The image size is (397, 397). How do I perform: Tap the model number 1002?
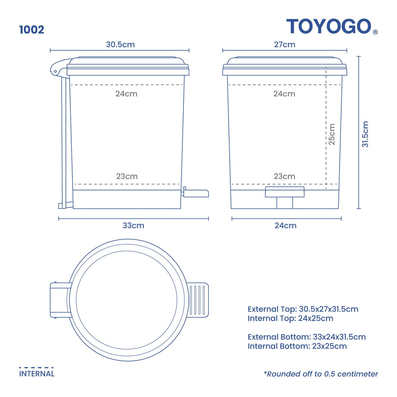tap(32, 30)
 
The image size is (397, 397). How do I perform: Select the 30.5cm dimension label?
tap(120, 45)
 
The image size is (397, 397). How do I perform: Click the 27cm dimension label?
tap(285, 45)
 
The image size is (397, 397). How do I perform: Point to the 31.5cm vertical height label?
tap(365, 134)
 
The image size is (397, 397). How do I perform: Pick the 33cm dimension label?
tap(133, 226)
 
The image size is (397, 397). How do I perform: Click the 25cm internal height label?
tap(332, 134)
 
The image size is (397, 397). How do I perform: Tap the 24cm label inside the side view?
tap(126, 94)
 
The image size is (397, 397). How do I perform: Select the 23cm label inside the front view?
tap(285, 176)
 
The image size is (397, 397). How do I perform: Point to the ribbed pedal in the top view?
tap(198, 300)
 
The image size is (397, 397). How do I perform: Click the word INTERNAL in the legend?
tap(37, 374)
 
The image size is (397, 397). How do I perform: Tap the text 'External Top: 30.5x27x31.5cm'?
tap(303, 309)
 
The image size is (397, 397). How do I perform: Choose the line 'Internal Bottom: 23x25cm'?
tap(297, 346)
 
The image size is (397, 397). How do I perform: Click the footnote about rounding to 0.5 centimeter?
tap(321, 374)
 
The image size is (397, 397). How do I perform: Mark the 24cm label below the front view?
tap(286, 226)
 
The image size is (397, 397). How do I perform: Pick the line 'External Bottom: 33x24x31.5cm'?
tap(307, 337)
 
